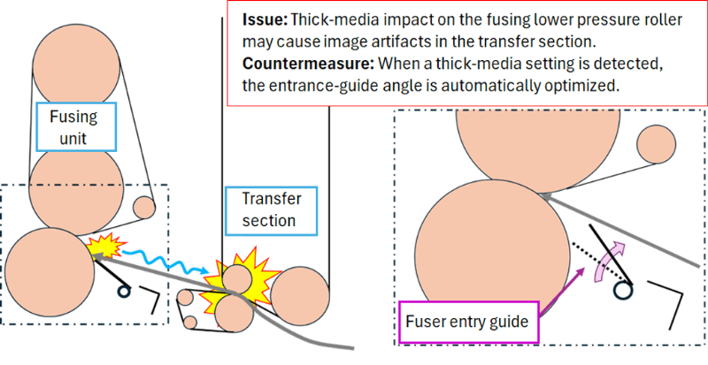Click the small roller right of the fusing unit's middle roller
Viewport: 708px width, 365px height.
[x=143, y=207]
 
